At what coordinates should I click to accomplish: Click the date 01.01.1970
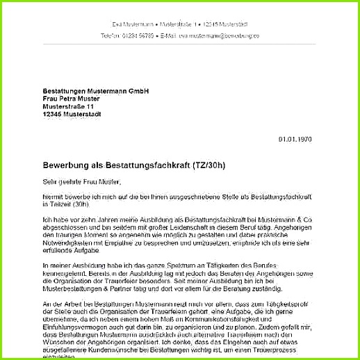pos(295,139)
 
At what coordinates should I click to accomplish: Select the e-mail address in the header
pos(219,35)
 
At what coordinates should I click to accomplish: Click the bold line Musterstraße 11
pos(68,107)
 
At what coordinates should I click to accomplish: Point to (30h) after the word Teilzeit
pos(81,206)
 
